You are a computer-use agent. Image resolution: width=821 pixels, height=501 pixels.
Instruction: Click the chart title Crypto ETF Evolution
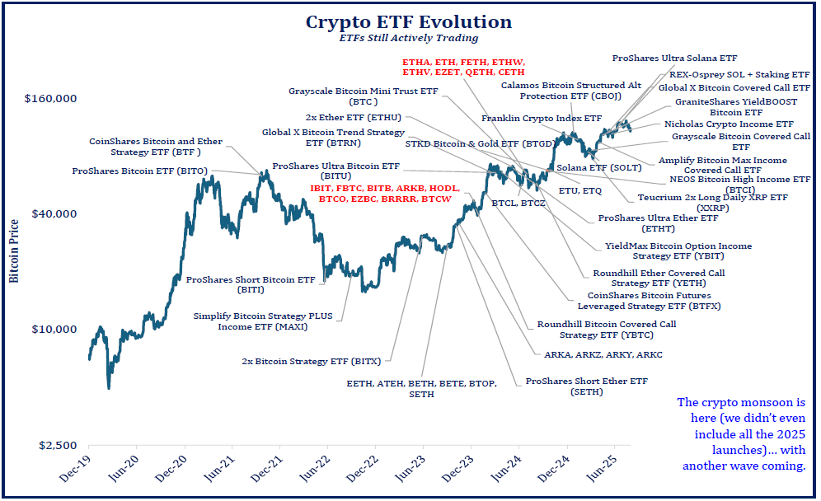(x=409, y=21)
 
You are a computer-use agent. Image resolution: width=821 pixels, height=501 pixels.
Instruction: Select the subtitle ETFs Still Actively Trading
(x=409, y=38)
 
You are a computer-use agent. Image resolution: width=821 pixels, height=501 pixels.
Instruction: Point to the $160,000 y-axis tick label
(x=51, y=99)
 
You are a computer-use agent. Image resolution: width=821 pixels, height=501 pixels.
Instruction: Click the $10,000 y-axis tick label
(x=54, y=330)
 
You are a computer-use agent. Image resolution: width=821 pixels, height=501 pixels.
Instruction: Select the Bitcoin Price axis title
(x=14, y=245)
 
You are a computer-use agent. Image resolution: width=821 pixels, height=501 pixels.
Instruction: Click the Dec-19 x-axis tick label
(x=79, y=471)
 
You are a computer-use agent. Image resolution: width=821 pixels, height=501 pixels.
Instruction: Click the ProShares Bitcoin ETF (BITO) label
(x=139, y=171)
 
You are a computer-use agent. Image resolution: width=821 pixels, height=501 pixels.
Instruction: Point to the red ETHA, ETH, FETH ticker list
(x=464, y=68)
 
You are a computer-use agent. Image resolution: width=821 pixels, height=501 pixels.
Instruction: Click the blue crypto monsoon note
(x=740, y=434)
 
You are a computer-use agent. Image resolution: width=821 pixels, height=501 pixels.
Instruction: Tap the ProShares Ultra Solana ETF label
(x=674, y=59)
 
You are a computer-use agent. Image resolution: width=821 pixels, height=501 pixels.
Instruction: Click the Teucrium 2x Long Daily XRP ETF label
(x=712, y=203)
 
